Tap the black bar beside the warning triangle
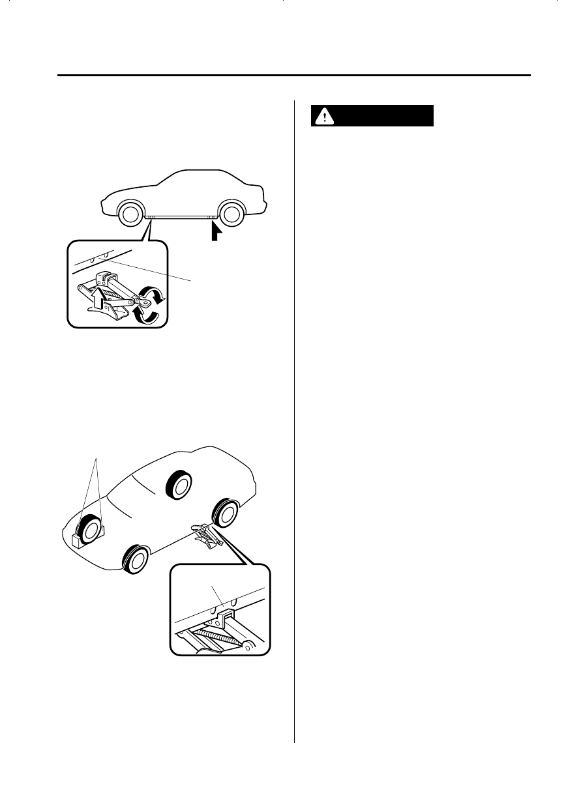click(x=385, y=116)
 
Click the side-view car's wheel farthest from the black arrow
click(x=131, y=213)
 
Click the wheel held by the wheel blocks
click(x=85, y=529)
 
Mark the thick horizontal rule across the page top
click(x=293, y=76)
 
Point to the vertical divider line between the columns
click(x=295, y=424)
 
